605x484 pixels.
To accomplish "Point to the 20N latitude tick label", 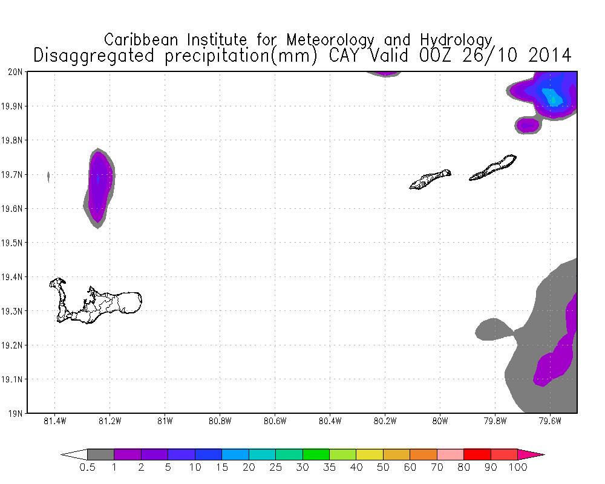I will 17,71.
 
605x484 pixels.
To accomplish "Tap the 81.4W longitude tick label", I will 55,421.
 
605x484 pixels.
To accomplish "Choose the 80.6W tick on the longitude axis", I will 275,421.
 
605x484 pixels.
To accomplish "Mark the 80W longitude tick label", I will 440,421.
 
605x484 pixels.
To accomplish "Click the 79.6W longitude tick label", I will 549,421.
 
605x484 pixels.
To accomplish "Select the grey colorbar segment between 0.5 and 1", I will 100,454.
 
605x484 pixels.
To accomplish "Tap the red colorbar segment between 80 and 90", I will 477,454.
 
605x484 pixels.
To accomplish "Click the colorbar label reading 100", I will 518,468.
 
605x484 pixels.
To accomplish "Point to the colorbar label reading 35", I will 329,468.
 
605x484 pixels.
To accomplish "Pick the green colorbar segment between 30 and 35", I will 316,454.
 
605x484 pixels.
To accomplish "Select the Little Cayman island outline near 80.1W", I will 430,179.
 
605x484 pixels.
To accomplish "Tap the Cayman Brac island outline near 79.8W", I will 493,168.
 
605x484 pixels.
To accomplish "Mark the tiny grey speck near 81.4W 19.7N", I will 48,176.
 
